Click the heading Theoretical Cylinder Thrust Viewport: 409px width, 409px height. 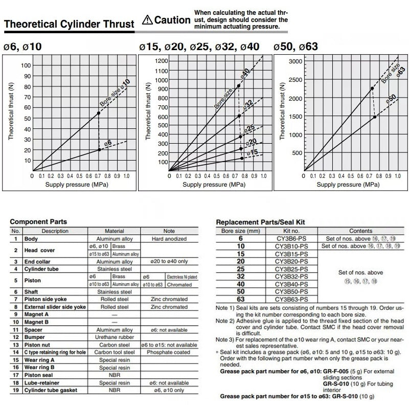pyautogui.click(x=69, y=25)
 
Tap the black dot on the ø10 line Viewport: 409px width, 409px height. pyautogui.click(x=99, y=113)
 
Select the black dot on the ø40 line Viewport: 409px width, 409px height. pyautogui.click(x=239, y=86)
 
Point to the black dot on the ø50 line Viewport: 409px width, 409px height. pyautogui.click(x=375, y=117)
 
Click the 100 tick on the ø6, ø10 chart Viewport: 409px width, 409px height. pyautogui.click(x=26, y=65)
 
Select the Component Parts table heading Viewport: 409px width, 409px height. pyautogui.click(x=39, y=222)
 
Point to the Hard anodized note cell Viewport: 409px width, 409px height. pyautogui.click(x=168, y=239)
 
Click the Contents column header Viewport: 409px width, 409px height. pyautogui.click(x=361, y=231)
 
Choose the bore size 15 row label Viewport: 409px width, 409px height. pyautogui.click(x=240, y=254)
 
